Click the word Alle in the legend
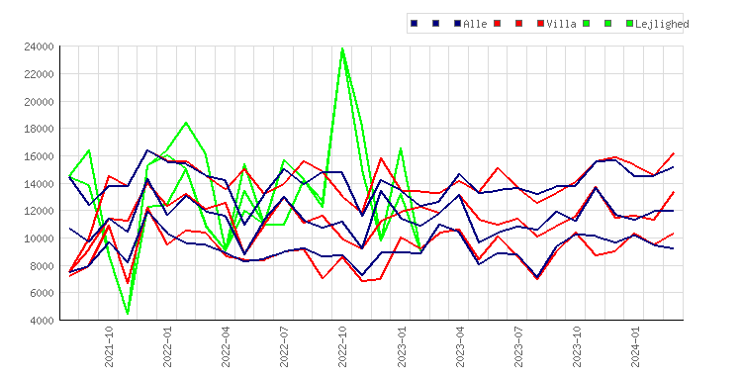pos(475,24)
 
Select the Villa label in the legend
pos(561,24)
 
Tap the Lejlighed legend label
pos(662,24)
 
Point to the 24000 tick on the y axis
pos(39,47)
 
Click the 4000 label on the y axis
pos(42,321)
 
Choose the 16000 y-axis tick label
pos(39,156)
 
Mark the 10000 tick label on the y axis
pos(39,238)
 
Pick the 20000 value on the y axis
pos(39,101)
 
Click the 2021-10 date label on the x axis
pos(109,347)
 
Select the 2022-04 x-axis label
pos(226,347)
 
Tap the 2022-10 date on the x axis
pos(342,347)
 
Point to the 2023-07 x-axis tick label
pos(518,347)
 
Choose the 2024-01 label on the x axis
pos(635,347)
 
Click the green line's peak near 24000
pos(342,48)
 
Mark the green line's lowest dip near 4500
pos(128,313)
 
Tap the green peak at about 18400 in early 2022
pos(186,123)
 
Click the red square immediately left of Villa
pos(540,23)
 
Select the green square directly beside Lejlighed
pos(629,23)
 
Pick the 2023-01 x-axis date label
pos(402,347)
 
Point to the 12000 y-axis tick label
pos(39,211)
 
